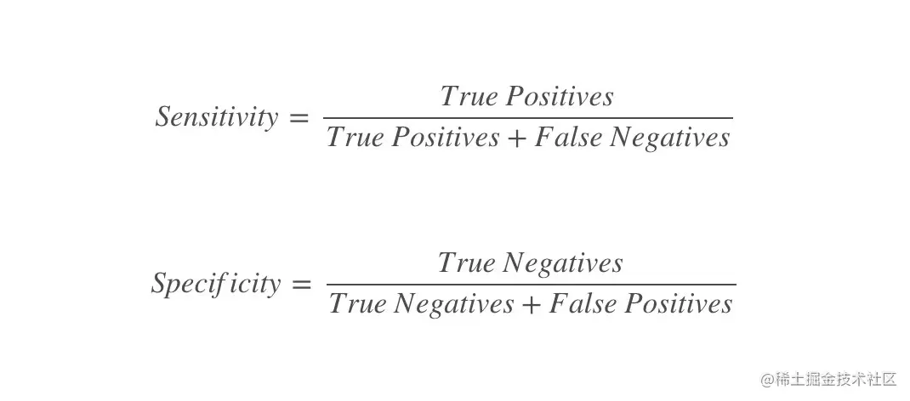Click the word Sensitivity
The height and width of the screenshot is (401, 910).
[x=217, y=117]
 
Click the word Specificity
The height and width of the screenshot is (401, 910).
[x=216, y=284]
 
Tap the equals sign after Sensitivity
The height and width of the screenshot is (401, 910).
[x=299, y=119]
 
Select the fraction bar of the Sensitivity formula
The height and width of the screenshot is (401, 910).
[x=527, y=118]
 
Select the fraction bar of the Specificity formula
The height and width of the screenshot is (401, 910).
[x=531, y=285]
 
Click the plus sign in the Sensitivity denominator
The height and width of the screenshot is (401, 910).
[x=517, y=138]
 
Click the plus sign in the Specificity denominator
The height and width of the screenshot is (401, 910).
[x=531, y=305]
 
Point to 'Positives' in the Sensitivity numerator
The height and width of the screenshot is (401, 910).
[x=559, y=97]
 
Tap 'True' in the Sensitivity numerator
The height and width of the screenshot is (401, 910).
[x=468, y=97]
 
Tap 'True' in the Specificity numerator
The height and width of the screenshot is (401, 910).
[x=466, y=263]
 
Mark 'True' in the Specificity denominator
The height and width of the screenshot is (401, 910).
[x=357, y=304]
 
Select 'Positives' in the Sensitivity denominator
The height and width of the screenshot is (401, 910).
[x=445, y=138]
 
